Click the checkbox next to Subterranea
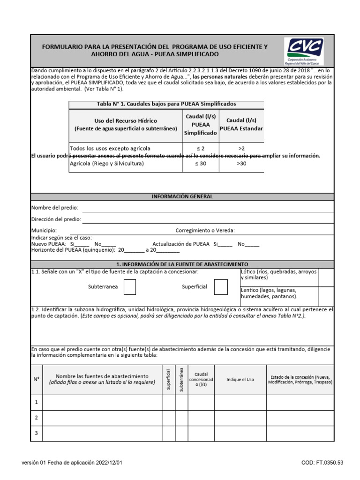[130, 287]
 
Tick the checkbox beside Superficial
[221, 287]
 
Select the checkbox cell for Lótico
[326, 277]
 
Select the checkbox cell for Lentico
[326, 296]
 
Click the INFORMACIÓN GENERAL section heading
[182, 196]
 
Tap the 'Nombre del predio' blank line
[208, 208]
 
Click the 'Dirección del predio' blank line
[208, 219]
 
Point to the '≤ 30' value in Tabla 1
[200, 164]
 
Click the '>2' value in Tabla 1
[241, 148]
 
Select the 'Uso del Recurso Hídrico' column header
[126, 124]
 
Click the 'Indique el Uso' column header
[240, 380]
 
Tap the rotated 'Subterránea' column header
[181, 379]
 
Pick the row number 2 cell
[37, 418]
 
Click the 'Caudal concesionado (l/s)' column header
[201, 379]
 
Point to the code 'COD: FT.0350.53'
[322, 463]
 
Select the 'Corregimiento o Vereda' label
[205, 231]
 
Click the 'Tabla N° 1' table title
[166, 104]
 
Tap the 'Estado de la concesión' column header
[300, 379]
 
